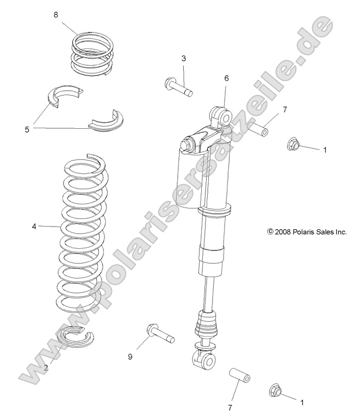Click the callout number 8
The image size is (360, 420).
pos(55,15)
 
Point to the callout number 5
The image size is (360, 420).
pos(27,129)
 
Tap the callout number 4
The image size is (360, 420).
pos(34,225)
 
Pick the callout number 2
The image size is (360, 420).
pos(46,368)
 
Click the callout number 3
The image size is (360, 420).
pos(183,58)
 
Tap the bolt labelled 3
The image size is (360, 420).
pos(178,87)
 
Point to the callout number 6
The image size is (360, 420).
pos(227,78)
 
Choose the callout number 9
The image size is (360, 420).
pos(130,356)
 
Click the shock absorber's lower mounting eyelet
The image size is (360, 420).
pos(204,359)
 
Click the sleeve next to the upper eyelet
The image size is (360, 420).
pos(259,131)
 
